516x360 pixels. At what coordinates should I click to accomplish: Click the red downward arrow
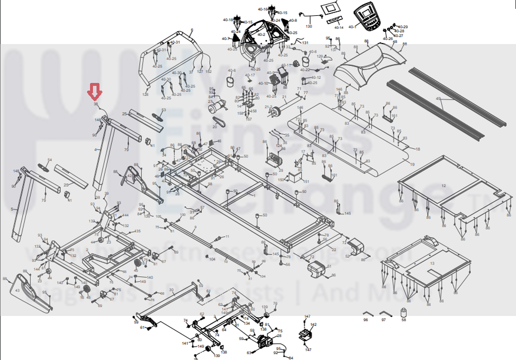(x=95, y=92)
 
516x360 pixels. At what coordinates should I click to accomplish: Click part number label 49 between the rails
(x=438, y=99)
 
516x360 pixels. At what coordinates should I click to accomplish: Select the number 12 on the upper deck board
(x=443, y=186)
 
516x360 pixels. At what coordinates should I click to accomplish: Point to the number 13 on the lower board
(x=432, y=263)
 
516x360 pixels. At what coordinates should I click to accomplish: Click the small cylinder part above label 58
(x=403, y=312)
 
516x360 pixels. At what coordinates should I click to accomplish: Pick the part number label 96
(x=366, y=320)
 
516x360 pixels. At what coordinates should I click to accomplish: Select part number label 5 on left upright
(x=11, y=209)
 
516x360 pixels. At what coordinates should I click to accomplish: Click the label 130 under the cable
(x=308, y=27)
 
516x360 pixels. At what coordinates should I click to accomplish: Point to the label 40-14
(x=338, y=28)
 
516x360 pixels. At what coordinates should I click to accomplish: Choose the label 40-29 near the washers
(x=403, y=27)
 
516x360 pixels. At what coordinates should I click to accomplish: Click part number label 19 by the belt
(x=412, y=164)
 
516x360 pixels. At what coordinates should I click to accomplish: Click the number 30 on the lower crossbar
(x=171, y=290)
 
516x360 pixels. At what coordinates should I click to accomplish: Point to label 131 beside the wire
(x=305, y=42)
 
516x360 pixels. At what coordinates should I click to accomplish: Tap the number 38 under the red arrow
(x=95, y=104)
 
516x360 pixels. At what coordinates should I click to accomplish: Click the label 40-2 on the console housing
(x=262, y=34)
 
